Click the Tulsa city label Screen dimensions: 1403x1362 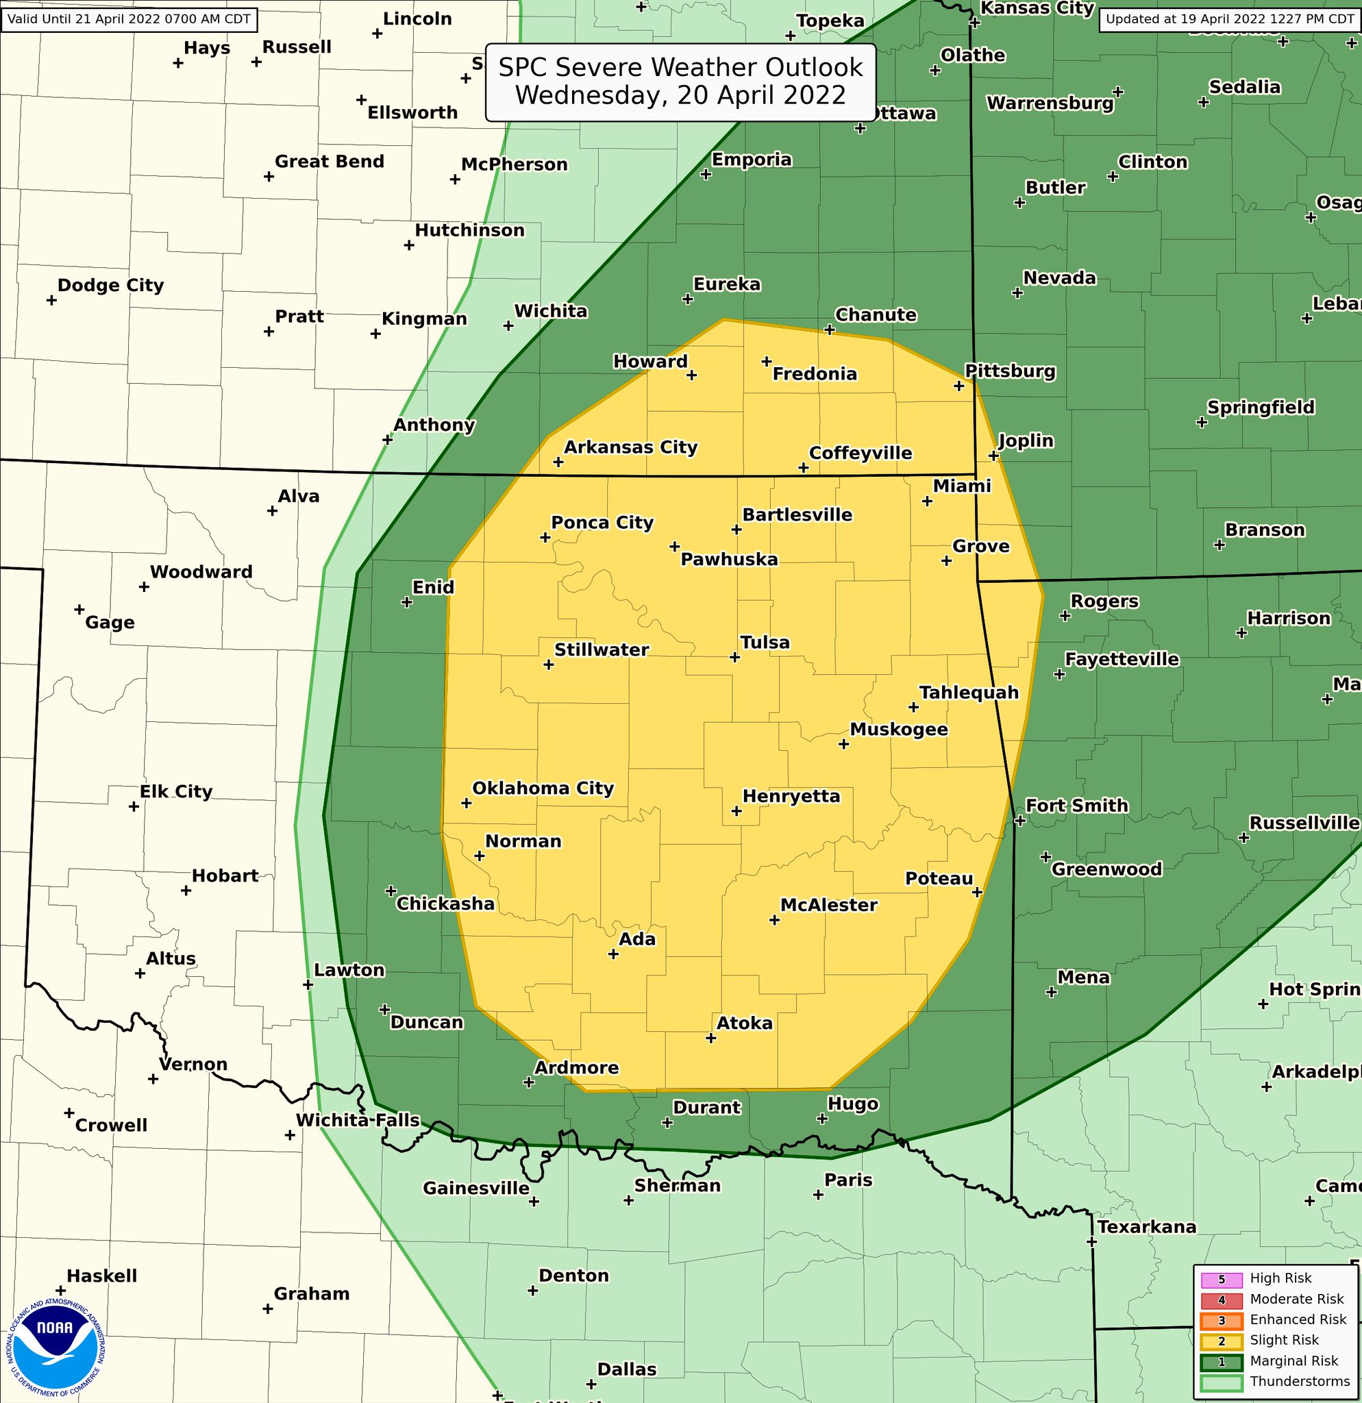coord(765,642)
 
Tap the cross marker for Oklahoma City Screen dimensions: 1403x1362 coord(466,803)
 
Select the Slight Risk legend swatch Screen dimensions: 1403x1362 coord(1222,1340)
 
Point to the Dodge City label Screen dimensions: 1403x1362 coord(110,286)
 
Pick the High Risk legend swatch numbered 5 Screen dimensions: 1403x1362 coord(1222,1279)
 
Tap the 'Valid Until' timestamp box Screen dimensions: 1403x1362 coord(129,18)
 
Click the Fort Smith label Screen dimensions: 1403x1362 coord(1076,806)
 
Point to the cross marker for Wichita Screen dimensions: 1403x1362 coord(508,325)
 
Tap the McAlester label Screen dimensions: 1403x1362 coord(828,905)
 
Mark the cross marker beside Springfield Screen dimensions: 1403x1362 coord(1202,422)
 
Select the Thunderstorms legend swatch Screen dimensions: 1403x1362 coord(1222,1382)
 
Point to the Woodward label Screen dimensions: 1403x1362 coord(201,572)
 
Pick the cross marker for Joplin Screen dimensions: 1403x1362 coord(993,456)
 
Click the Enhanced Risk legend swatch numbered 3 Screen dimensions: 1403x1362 coord(1222,1320)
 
